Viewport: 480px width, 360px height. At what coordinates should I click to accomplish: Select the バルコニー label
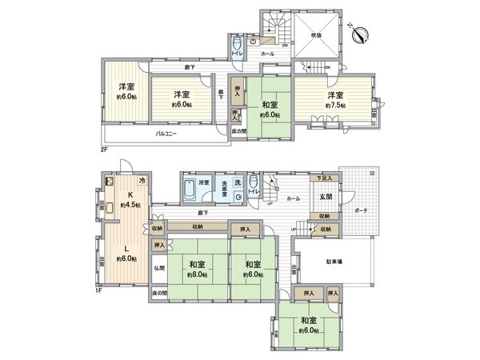[166, 134]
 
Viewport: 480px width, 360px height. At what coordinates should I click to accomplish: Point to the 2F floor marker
[104, 148]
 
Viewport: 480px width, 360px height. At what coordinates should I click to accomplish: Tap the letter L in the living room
[126, 248]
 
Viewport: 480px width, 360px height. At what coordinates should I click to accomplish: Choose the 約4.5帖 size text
[130, 206]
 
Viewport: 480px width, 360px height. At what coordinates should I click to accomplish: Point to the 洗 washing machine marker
[238, 182]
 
